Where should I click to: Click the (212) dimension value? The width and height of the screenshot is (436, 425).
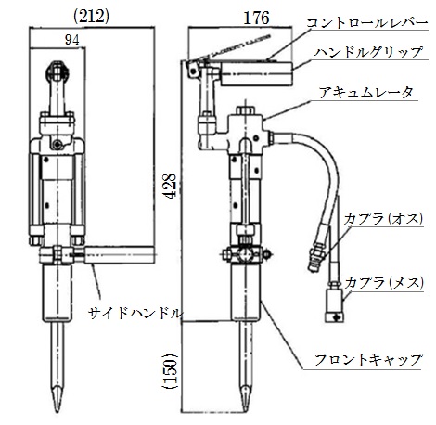[x=91, y=18]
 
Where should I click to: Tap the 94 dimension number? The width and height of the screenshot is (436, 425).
[x=71, y=40]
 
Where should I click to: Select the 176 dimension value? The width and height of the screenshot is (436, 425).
[x=256, y=19]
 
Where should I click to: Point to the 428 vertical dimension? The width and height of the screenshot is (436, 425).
[x=170, y=186]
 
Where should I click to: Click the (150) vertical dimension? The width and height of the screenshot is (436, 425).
[x=170, y=371]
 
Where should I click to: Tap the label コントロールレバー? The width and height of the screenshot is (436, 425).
[x=366, y=23]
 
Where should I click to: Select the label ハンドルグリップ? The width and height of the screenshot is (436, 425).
[x=368, y=52]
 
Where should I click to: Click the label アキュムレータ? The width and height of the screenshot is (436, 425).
[x=365, y=93]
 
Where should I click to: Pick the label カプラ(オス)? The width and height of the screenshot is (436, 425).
[x=383, y=219]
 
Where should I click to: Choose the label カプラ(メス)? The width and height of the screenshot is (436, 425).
[x=384, y=282]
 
